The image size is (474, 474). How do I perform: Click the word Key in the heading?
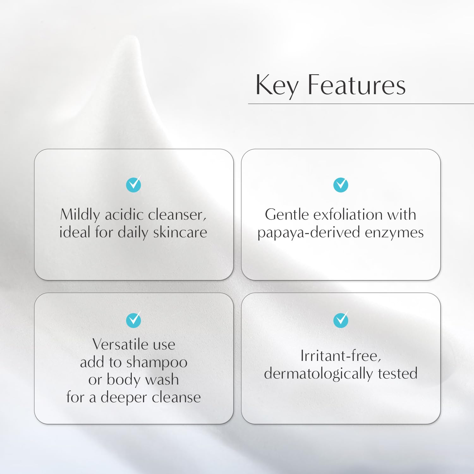(276, 85)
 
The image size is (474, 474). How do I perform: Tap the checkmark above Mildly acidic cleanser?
(134, 185)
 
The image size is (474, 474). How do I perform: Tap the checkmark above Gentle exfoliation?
(341, 185)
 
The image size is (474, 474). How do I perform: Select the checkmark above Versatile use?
(134, 320)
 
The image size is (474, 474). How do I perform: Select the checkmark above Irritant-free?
(341, 320)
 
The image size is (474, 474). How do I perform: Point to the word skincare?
(180, 232)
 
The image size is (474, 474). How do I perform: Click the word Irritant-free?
(340, 356)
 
